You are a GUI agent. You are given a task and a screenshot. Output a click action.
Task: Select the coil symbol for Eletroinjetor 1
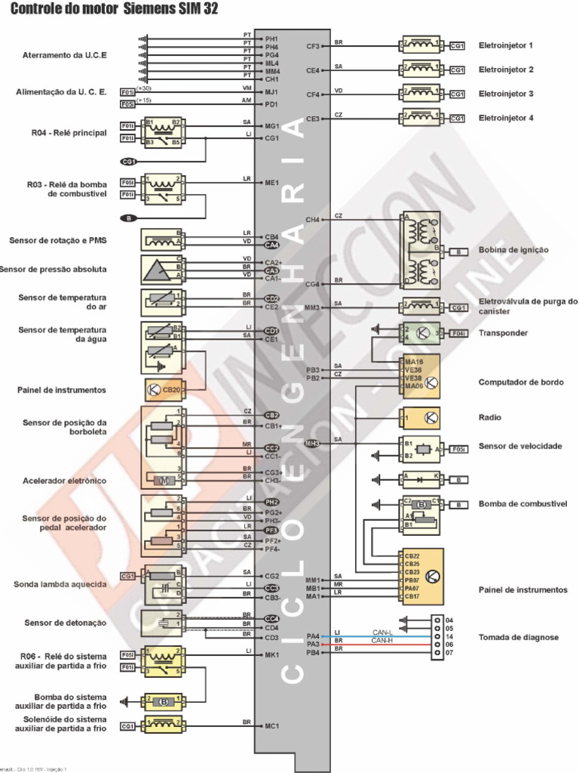(426, 45)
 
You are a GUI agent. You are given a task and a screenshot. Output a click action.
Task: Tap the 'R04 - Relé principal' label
(69, 133)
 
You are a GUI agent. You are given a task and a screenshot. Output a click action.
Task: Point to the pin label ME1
(271, 183)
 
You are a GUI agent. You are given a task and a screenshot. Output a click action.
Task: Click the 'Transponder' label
(503, 333)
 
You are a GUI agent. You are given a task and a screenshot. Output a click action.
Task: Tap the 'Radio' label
(490, 417)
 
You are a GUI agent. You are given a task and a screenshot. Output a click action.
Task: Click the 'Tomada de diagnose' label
(519, 637)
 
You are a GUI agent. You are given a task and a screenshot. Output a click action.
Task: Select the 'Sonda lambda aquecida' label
(60, 584)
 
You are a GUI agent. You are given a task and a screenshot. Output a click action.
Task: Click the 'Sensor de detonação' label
(65, 623)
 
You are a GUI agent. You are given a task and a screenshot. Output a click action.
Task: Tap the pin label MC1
(271, 725)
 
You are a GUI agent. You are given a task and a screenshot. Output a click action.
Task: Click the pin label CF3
(313, 46)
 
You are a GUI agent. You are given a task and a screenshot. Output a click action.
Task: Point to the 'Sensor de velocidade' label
(520, 446)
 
